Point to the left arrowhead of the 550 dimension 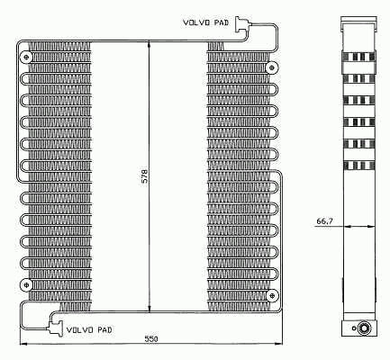coord(22,346)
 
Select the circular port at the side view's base coord(365,328)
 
